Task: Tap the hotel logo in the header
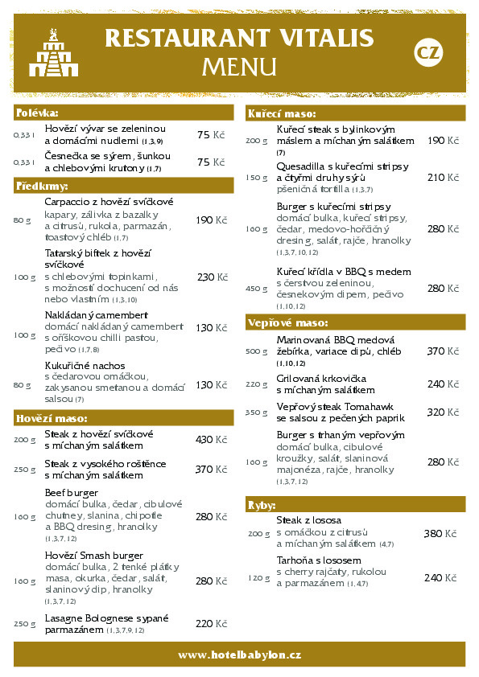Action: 53,52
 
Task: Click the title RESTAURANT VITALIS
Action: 239,39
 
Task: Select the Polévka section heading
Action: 37,113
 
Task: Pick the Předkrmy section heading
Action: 42,186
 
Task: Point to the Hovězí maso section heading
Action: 52,418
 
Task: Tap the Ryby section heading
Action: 262,505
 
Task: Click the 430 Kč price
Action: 211,440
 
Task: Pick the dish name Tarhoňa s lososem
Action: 319,560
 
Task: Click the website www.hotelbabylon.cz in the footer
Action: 239,655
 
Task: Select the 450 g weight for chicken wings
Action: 257,289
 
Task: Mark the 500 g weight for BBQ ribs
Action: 257,351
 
